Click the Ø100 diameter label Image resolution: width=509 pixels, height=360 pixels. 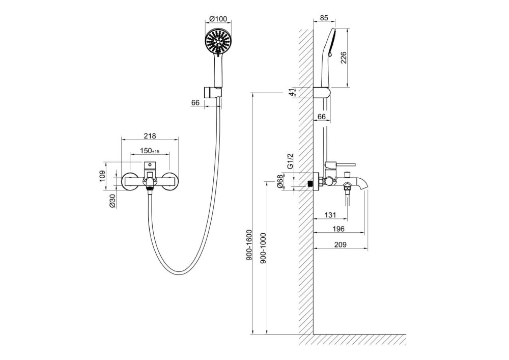coord(218,19)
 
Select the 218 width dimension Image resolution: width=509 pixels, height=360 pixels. coord(150,136)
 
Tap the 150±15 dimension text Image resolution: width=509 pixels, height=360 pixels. coord(150,151)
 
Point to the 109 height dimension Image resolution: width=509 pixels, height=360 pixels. coord(103,176)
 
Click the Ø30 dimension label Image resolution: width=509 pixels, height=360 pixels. coord(112,201)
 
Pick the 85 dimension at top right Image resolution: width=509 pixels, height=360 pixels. coord(324,18)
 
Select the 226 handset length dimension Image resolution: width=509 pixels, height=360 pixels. coord(344,58)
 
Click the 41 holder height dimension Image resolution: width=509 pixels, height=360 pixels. coord(293,93)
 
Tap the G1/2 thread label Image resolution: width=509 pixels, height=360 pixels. coord(291,161)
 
